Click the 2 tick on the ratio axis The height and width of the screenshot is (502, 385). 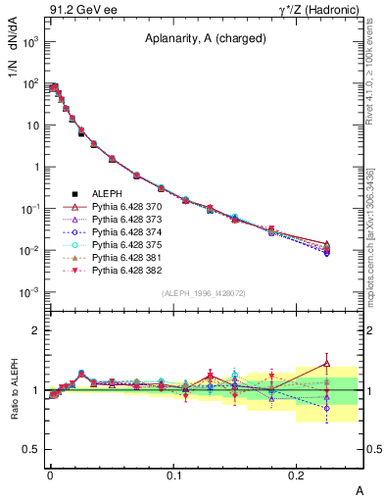tap(36, 331)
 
